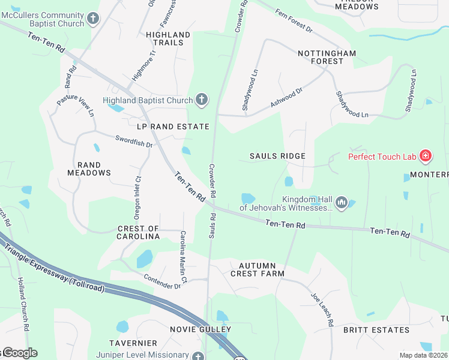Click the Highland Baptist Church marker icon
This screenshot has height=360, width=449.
tap(202, 100)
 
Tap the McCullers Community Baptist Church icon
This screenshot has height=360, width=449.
tap(92, 19)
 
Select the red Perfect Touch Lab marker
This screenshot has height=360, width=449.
tap(426, 157)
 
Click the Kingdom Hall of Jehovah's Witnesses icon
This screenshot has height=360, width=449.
tap(342, 203)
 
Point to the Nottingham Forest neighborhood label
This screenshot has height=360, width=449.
tap(327, 57)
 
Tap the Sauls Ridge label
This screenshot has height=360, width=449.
tap(278, 156)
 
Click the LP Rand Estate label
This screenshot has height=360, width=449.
tap(173, 127)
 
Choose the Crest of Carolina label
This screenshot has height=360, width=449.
tap(138, 233)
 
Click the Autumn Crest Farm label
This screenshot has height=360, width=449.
tap(257, 269)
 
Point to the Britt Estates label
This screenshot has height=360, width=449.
tap(376, 330)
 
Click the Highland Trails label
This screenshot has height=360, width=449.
tap(168, 38)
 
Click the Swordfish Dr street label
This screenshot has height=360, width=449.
tap(134, 141)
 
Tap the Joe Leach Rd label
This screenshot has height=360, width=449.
tap(322, 310)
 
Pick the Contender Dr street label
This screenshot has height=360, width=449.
tap(162, 281)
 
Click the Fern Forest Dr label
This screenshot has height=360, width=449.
tap(294, 20)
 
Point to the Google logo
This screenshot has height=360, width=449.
tap(19, 353)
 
